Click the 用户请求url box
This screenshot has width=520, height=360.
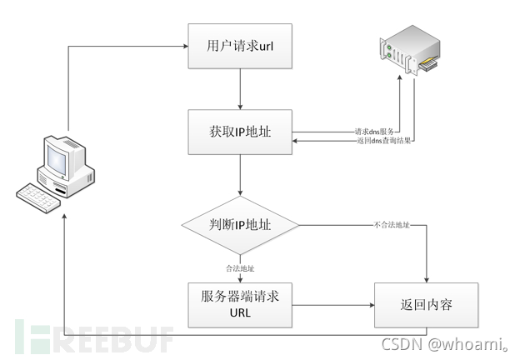pyautogui.click(x=240, y=46)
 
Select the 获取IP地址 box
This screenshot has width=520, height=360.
pyautogui.click(x=240, y=132)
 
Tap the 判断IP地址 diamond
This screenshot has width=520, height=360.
pyautogui.click(x=240, y=224)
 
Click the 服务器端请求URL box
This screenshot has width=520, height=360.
pyautogui.click(x=240, y=305)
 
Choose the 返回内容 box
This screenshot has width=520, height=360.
pyautogui.click(x=427, y=305)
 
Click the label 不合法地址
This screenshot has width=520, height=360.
pyautogui.click(x=390, y=225)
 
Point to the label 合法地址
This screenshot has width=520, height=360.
pyautogui.click(x=240, y=268)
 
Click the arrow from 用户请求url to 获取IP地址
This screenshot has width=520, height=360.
pyautogui.click(x=240, y=88)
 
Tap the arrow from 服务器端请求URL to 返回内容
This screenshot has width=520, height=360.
pyautogui.click(x=333, y=305)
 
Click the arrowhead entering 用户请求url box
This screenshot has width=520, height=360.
pyautogui.click(x=183, y=46)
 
